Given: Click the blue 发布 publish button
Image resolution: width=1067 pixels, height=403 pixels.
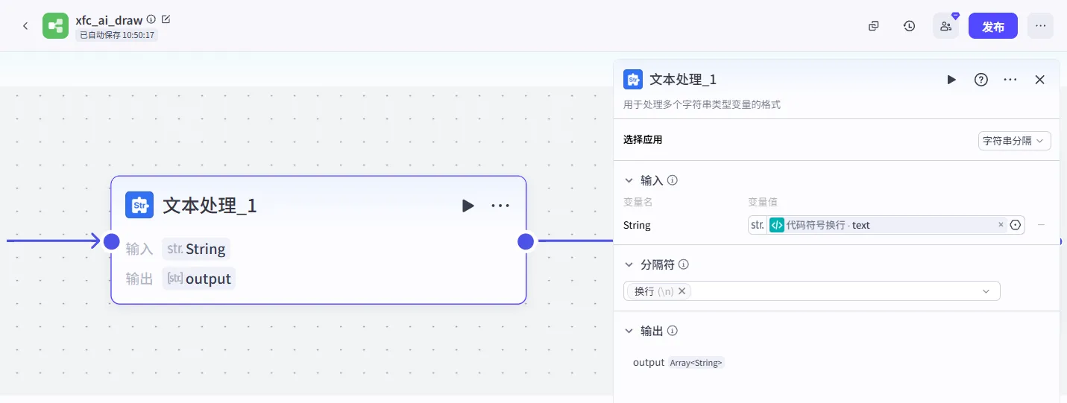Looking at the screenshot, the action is click(x=992, y=26).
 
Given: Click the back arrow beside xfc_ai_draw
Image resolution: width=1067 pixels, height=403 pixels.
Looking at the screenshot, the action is click(x=25, y=25).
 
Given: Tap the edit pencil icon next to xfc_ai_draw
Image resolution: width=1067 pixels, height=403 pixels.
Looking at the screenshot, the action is click(x=166, y=19).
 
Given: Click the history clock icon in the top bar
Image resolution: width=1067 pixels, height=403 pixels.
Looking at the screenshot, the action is click(x=909, y=26).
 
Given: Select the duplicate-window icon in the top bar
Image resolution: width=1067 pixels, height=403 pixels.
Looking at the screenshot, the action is click(x=874, y=26).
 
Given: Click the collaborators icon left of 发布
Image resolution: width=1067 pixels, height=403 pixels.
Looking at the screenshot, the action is click(x=946, y=26).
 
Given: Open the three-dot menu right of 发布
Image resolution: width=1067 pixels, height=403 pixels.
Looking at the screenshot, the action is click(x=1040, y=26).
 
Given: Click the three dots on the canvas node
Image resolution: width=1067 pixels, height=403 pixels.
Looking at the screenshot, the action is click(x=500, y=206).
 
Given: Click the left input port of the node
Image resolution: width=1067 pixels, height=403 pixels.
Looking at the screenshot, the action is click(x=111, y=241).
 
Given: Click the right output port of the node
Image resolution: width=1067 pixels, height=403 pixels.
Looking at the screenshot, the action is click(x=526, y=241).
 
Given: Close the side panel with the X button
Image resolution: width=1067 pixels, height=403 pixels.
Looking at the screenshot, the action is click(x=1040, y=80).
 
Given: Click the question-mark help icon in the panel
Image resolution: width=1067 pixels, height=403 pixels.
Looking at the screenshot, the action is click(x=981, y=80).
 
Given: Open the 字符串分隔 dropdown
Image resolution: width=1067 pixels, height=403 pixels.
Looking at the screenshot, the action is click(x=1014, y=141).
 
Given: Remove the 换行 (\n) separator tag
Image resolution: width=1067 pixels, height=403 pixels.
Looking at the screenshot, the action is click(x=682, y=291).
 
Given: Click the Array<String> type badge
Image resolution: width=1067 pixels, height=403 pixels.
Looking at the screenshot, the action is click(x=696, y=363).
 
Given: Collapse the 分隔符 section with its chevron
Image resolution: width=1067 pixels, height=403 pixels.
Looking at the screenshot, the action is click(x=629, y=264).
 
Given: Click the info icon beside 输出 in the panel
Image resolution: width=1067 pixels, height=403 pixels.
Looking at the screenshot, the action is click(x=672, y=331).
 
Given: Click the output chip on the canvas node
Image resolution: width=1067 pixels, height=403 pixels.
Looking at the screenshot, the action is click(x=199, y=279).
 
